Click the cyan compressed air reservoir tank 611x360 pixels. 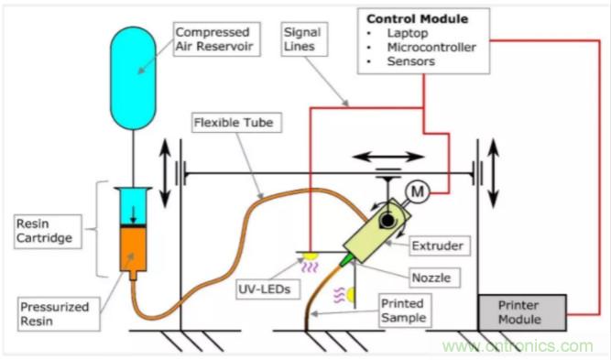pyautogui.click(x=133, y=78)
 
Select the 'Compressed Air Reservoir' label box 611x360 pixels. pyautogui.click(x=217, y=39)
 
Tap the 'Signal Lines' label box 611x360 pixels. pyautogui.click(x=304, y=39)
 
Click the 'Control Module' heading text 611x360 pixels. pyautogui.click(x=418, y=18)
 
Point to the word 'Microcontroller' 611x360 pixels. pyautogui.click(x=431, y=47)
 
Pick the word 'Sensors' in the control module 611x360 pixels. pyautogui.click(x=410, y=61)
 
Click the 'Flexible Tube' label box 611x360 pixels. pyautogui.click(x=236, y=123)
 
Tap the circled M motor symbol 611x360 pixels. pyautogui.click(x=418, y=191)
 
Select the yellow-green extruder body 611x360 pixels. pyautogui.click(x=377, y=231)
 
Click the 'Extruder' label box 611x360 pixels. pyautogui.click(x=440, y=245)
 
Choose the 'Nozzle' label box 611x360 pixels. pyautogui.click(x=433, y=278)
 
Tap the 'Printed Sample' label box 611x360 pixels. pyautogui.click(x=405, y=311)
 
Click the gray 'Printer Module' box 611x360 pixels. pyautogui.click(x=522, y=312)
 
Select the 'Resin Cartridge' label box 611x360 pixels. pyautogui.click(x=48, y=231)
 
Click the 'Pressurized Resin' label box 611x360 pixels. pyautogui.click(x=59, y=314)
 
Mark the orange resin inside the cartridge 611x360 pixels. pyautogui.click(x=133, y=248)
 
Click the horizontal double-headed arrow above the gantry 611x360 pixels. pyautogui.click(x=388, y=157)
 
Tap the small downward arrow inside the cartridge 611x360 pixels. pyautogui.click(x=133, y=214)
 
